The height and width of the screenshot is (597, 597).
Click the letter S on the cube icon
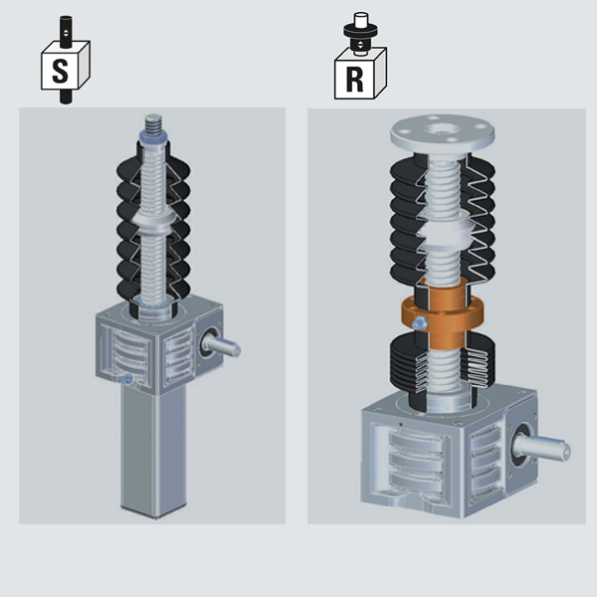tap(60, 71)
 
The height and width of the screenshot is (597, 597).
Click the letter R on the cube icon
tap(354, 80)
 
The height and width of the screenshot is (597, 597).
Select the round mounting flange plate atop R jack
tap(442, 133)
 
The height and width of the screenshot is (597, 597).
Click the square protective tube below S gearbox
tap(154, 450)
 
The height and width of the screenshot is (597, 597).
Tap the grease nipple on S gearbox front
tap(126, 378)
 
